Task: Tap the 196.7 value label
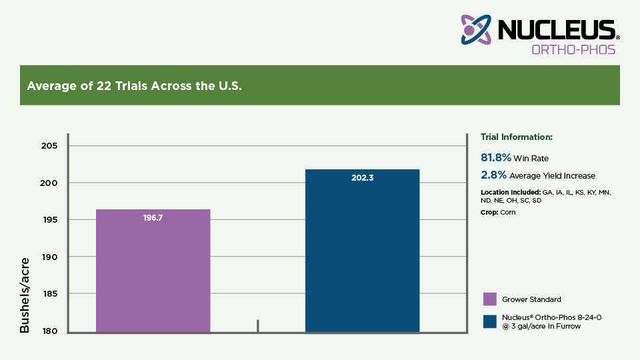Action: [x=153, y=218]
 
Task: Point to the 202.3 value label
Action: [x=362, y=178]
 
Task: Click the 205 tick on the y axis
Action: [x=51, y=146]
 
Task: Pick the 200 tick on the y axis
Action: [x=51, y=183]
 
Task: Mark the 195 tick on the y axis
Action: [x=51, y=220]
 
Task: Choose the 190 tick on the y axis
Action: [x=51, y=257]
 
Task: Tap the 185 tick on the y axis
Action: [x=51, y=294]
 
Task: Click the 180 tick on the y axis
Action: [x=51, y=331]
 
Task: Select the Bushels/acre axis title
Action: [x=25, y=295]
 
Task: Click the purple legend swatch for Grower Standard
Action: [x=489, y=299]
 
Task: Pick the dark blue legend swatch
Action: [x=489, y=321]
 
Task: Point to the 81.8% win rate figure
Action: [x=495, y=158]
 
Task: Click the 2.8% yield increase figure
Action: [x=493, y=175]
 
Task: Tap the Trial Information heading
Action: [x=517, y=137]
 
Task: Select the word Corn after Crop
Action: [x=509, y=212]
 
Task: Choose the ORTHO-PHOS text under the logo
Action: [x=573, y=49]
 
